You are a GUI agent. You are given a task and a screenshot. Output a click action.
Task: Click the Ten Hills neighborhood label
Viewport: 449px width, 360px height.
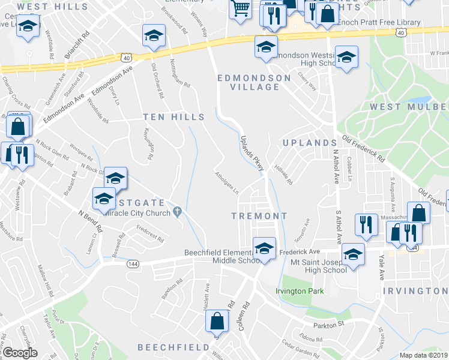pyautogui.click(x=173, y=117)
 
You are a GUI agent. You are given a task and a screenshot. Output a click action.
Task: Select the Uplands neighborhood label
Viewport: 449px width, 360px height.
pyautogui.click(x=309, y=143)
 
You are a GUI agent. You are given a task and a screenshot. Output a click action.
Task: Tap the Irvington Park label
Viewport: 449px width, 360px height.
pyautogui.click(x=300, y=291)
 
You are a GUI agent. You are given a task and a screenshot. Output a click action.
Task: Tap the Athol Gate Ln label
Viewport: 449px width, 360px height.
pyautogui.click(x=228, y=183)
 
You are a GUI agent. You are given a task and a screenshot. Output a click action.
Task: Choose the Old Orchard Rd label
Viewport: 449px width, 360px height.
pyautogui.click(x=157, y=81)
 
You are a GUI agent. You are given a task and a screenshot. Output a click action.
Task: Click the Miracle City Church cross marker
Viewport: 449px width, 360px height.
pyautogui.click(x=178, y=211)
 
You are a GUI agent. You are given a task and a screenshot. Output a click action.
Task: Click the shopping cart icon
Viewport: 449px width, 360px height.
pyautogui.click(x=241, y=8)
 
